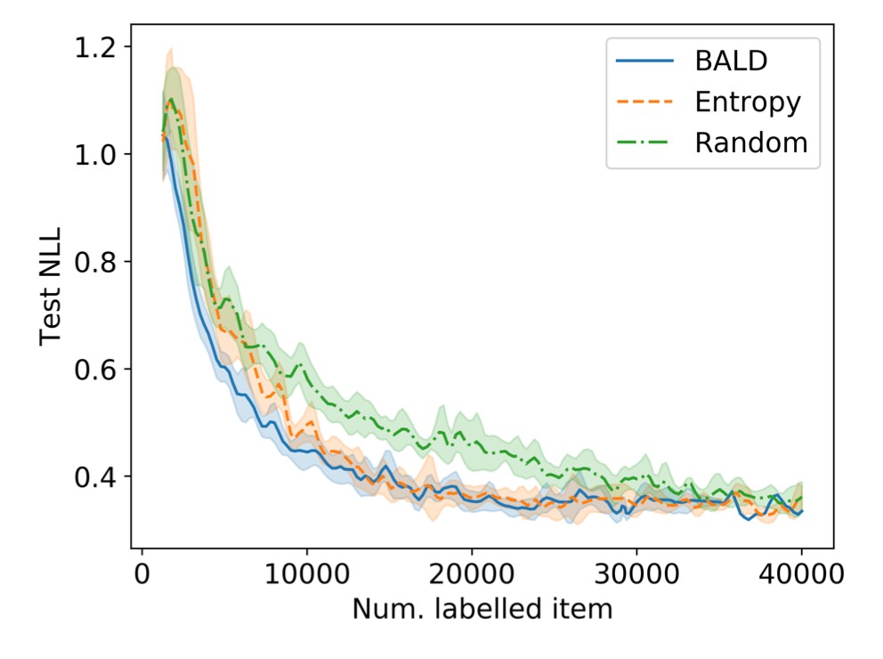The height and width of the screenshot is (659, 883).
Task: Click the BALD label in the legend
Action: coord(731,61)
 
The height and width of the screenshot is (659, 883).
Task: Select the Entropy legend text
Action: coord(747,102)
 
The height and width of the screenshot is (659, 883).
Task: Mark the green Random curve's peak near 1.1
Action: coord(170,100)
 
